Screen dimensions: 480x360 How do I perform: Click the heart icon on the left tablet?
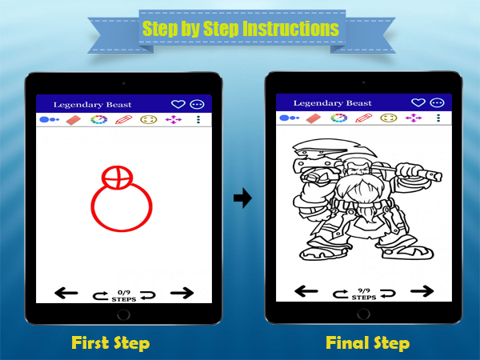coord(178,104)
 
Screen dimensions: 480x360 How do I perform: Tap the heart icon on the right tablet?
coord(418,102)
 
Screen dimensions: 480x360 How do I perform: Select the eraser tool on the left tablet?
coord(74,120)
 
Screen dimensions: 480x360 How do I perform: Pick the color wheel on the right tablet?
coord(339,118)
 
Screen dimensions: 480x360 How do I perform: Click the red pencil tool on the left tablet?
coord(124,119)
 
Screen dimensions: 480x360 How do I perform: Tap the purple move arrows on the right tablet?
coord(414,118)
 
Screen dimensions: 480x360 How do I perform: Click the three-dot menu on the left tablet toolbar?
coord(198,119)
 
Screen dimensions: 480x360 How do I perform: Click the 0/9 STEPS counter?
coord(124,296)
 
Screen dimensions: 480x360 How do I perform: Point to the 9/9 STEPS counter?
coord(364,294)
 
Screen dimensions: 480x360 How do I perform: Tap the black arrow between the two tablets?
coord(242,198)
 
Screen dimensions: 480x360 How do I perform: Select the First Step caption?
coord(110,343)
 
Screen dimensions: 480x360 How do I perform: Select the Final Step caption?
coord(367,343)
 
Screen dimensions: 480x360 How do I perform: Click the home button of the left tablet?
coord(124,314)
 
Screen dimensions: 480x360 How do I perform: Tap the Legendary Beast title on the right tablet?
coord(333,103)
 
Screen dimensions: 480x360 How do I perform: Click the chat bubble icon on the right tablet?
coord(437,103)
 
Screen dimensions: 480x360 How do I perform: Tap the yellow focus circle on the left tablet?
coord(149,119)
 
